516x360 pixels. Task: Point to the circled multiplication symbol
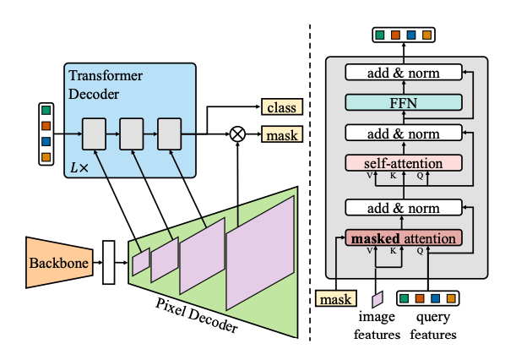(x=237, y=134)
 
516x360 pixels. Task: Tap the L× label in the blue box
(x=79, y=166)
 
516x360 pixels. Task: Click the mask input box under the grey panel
(x=334, y=298)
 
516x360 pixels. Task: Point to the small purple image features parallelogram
(x=377, y=298)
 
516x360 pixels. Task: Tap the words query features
(x=433, y=327)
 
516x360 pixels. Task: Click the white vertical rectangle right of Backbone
(x=108, y=262)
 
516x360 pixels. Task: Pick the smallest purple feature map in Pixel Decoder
(x=141, y=264)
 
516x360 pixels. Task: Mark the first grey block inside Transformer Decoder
(x=93, y=134)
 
